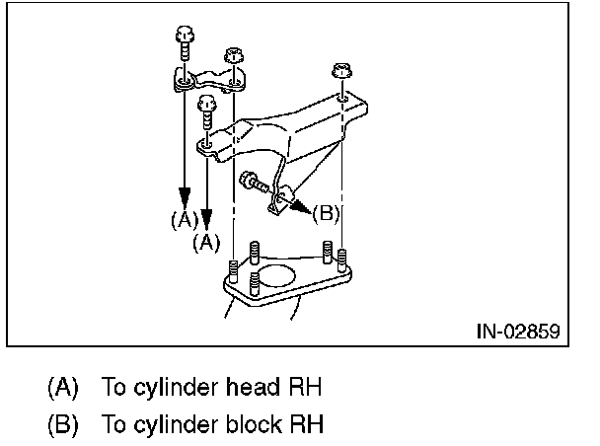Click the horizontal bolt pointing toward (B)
point(254,182)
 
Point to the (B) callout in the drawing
point(325,211)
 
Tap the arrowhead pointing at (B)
point(302,207)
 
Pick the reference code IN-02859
point(511,330)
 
